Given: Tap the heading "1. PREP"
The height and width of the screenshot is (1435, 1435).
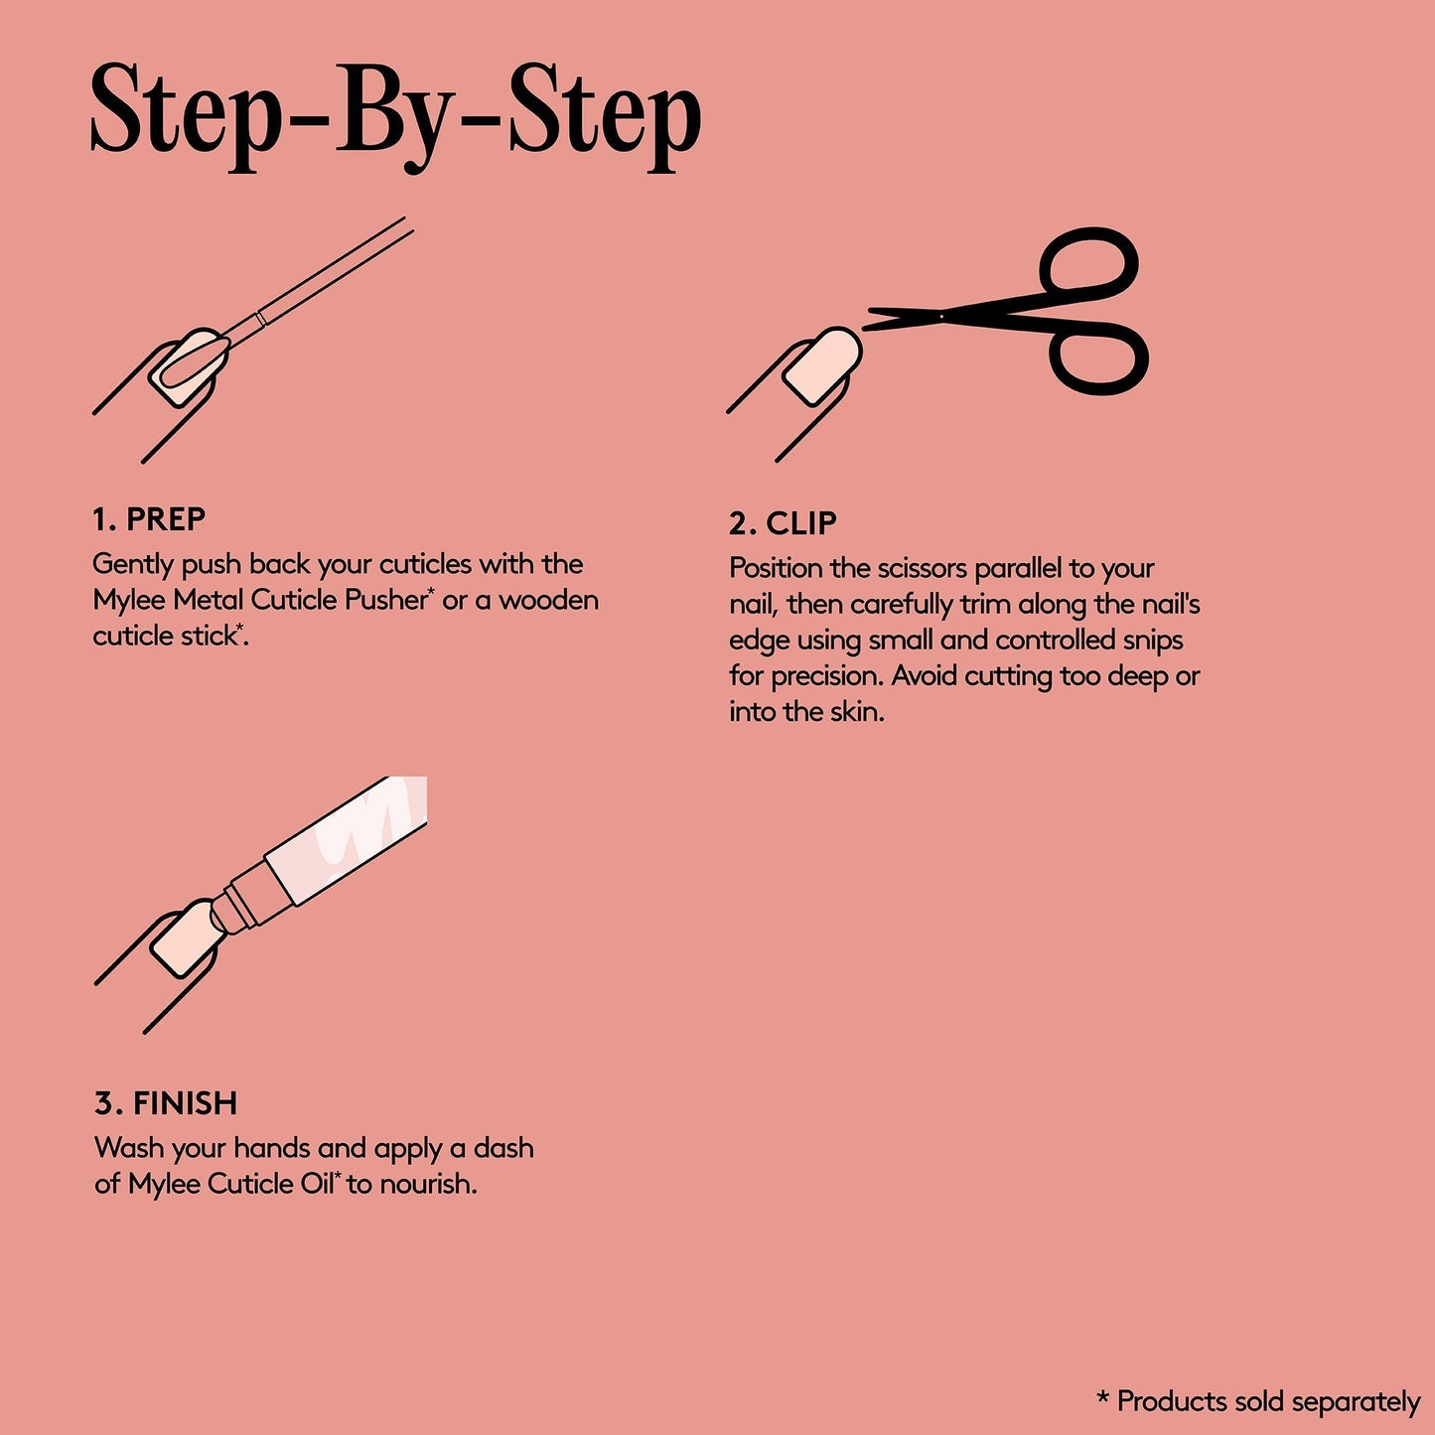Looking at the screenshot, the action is point(149,519).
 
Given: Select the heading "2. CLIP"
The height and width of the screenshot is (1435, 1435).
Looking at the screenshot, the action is point(783,523).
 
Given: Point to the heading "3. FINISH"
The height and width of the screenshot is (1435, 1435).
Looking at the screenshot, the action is point(166,1103).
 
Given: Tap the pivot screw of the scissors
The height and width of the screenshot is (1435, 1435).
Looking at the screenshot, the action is point(941,317).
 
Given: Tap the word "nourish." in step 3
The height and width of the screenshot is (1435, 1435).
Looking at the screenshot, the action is point(428,1184).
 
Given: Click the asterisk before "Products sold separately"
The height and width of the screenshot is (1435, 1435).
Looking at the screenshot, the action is point(1103,1396).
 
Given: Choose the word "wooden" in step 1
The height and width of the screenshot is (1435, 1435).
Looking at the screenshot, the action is point(548,600).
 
